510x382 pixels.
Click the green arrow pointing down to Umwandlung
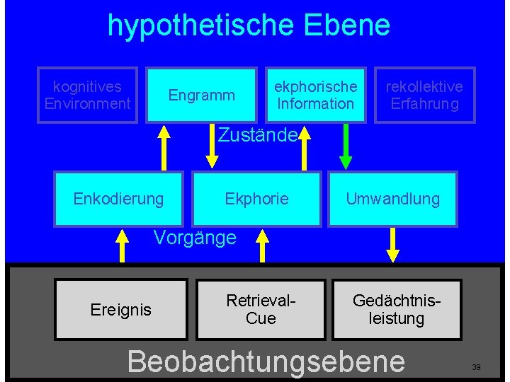[x=346, y=147]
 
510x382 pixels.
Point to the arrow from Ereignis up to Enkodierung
[x=123, y=245]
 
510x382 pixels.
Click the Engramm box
[x=201, y=95]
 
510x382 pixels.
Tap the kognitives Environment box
[x=87, y=95]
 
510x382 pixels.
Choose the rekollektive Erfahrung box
[x=424, y=95]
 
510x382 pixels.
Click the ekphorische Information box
[x=315, y=95]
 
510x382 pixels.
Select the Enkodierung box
[x=118, y=199]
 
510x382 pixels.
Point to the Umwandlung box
[x=392, y=199]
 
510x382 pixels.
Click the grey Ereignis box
[x=120, y=310]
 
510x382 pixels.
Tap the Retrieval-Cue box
[x=260, y=310]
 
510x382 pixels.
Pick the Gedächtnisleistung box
[x=397, y=310]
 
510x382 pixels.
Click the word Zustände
[x=256, y=134]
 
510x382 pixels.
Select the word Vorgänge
[x=195, y=238]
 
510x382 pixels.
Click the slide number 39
[x=476, y=367]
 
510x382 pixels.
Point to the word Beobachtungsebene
[x=266, y=361]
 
